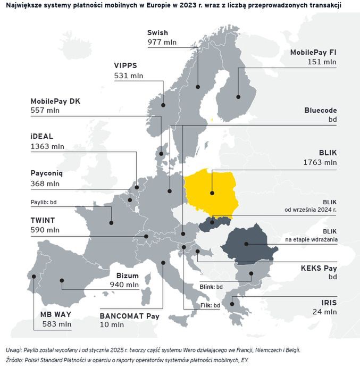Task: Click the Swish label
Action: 157,33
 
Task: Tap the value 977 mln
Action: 162,43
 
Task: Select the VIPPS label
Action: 125,65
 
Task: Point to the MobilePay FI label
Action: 313,52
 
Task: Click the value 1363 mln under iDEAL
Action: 47,146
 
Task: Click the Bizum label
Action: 128,276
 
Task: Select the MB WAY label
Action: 55,314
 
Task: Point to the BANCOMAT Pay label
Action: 130,315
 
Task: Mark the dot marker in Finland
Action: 238,97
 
